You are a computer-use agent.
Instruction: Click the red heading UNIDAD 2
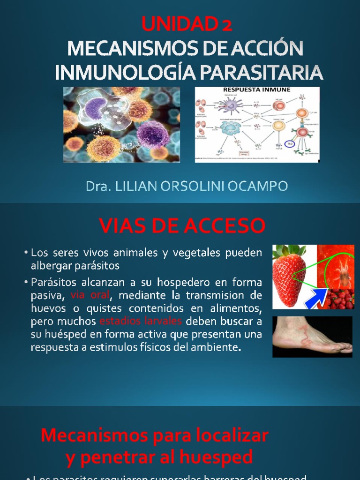tap(187, 24)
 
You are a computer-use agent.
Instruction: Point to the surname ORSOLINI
tap(200, 186)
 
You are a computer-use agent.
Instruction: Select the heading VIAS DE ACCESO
tap(182, 226)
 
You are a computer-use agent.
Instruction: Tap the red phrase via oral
tap(90, 296)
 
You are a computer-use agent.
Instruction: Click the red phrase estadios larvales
tap(141, 322)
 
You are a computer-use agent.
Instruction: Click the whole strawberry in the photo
tap(289, 276)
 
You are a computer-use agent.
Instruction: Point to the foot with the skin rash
tap(312, 337)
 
